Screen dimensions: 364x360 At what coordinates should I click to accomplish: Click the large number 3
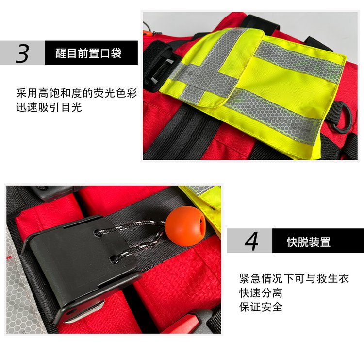pos(22,53)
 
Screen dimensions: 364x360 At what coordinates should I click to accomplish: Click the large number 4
pos(251,241)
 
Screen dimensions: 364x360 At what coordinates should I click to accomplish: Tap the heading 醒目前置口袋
pos(88,53)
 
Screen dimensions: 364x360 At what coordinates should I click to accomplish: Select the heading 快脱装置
pos(309,242)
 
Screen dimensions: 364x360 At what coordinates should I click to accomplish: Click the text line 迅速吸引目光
pos(49,107)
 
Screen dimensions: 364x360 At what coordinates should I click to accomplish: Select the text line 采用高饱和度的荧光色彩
pos(77,93)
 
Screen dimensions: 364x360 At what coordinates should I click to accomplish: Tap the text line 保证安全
pos(261,307)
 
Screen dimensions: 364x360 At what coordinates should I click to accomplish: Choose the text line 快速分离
pos(261,292)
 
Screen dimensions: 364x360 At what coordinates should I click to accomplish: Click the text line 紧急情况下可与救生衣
pos(294,278)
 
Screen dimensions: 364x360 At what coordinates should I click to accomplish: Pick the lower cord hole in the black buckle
pos(115,258)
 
